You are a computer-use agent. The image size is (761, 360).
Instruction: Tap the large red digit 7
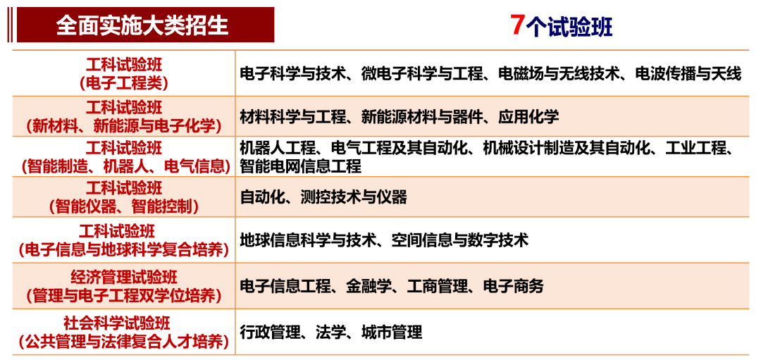pyautogui.click(x=517, y=25)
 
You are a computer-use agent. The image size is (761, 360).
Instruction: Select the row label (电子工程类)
pyautogui.click(x=123, y=83)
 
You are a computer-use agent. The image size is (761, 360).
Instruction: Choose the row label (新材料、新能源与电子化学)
pyautogui.click(x=123, y=125)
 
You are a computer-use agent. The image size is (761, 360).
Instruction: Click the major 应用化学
pyautogui.click(x=528, y=116)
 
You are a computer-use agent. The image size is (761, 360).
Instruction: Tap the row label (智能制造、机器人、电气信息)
pyautogui.click(x=125, y=167)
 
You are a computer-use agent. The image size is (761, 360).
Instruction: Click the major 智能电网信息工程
pyautogui.click(x=300, y=167)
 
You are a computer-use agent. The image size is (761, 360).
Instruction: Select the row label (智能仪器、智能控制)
pyautogui.click(x=123, y=207)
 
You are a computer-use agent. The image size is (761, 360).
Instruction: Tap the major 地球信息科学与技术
pyautogui.click(x=301, y=240)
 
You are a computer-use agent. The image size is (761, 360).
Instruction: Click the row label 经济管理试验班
pyautogui.click(x=123, y=276)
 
